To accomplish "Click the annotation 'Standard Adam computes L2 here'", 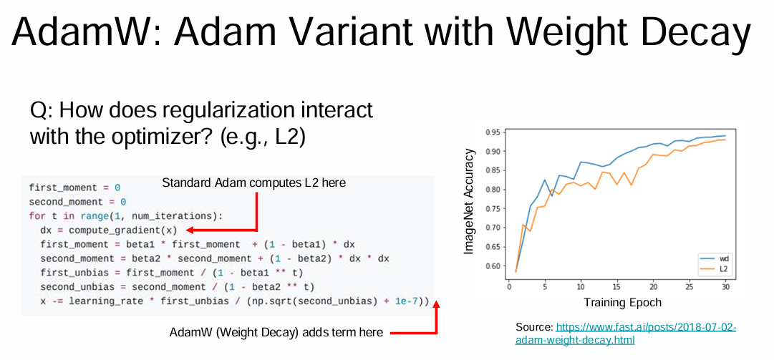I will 253,183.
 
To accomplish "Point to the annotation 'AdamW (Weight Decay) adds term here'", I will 276,332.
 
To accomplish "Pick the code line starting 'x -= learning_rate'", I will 229,302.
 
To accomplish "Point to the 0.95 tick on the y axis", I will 492,132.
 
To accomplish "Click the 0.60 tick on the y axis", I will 492,266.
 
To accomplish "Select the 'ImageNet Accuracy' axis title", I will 470,202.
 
